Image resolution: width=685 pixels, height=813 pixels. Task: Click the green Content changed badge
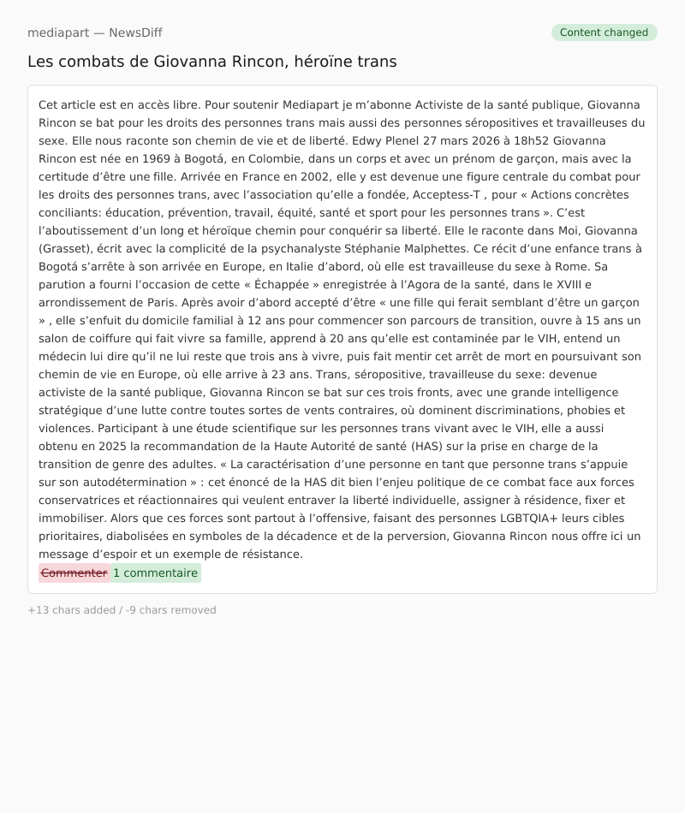click(604, 33)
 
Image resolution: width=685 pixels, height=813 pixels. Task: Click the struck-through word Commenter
click(74, 573)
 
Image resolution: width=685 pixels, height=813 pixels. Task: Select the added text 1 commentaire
click(155, 573)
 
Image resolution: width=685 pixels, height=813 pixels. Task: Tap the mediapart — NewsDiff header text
click(94, 33)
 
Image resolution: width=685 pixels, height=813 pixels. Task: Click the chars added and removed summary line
click(122, 610)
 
